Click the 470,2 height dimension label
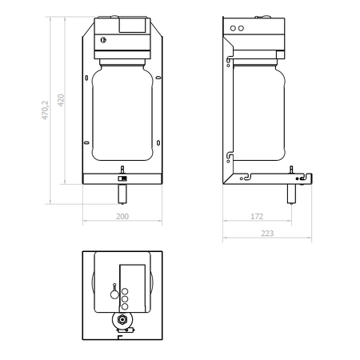pos(45,110)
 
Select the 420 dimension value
pos(61,100)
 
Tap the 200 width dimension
pos(122,216)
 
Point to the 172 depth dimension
pos(257,216)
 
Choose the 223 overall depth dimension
pos(267,234)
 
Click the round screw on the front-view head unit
pos(103,40)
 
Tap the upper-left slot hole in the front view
pos(86,78)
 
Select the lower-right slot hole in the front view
pos(158,143)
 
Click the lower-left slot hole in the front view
pos(86,142)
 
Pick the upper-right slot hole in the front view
pos(158,78)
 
